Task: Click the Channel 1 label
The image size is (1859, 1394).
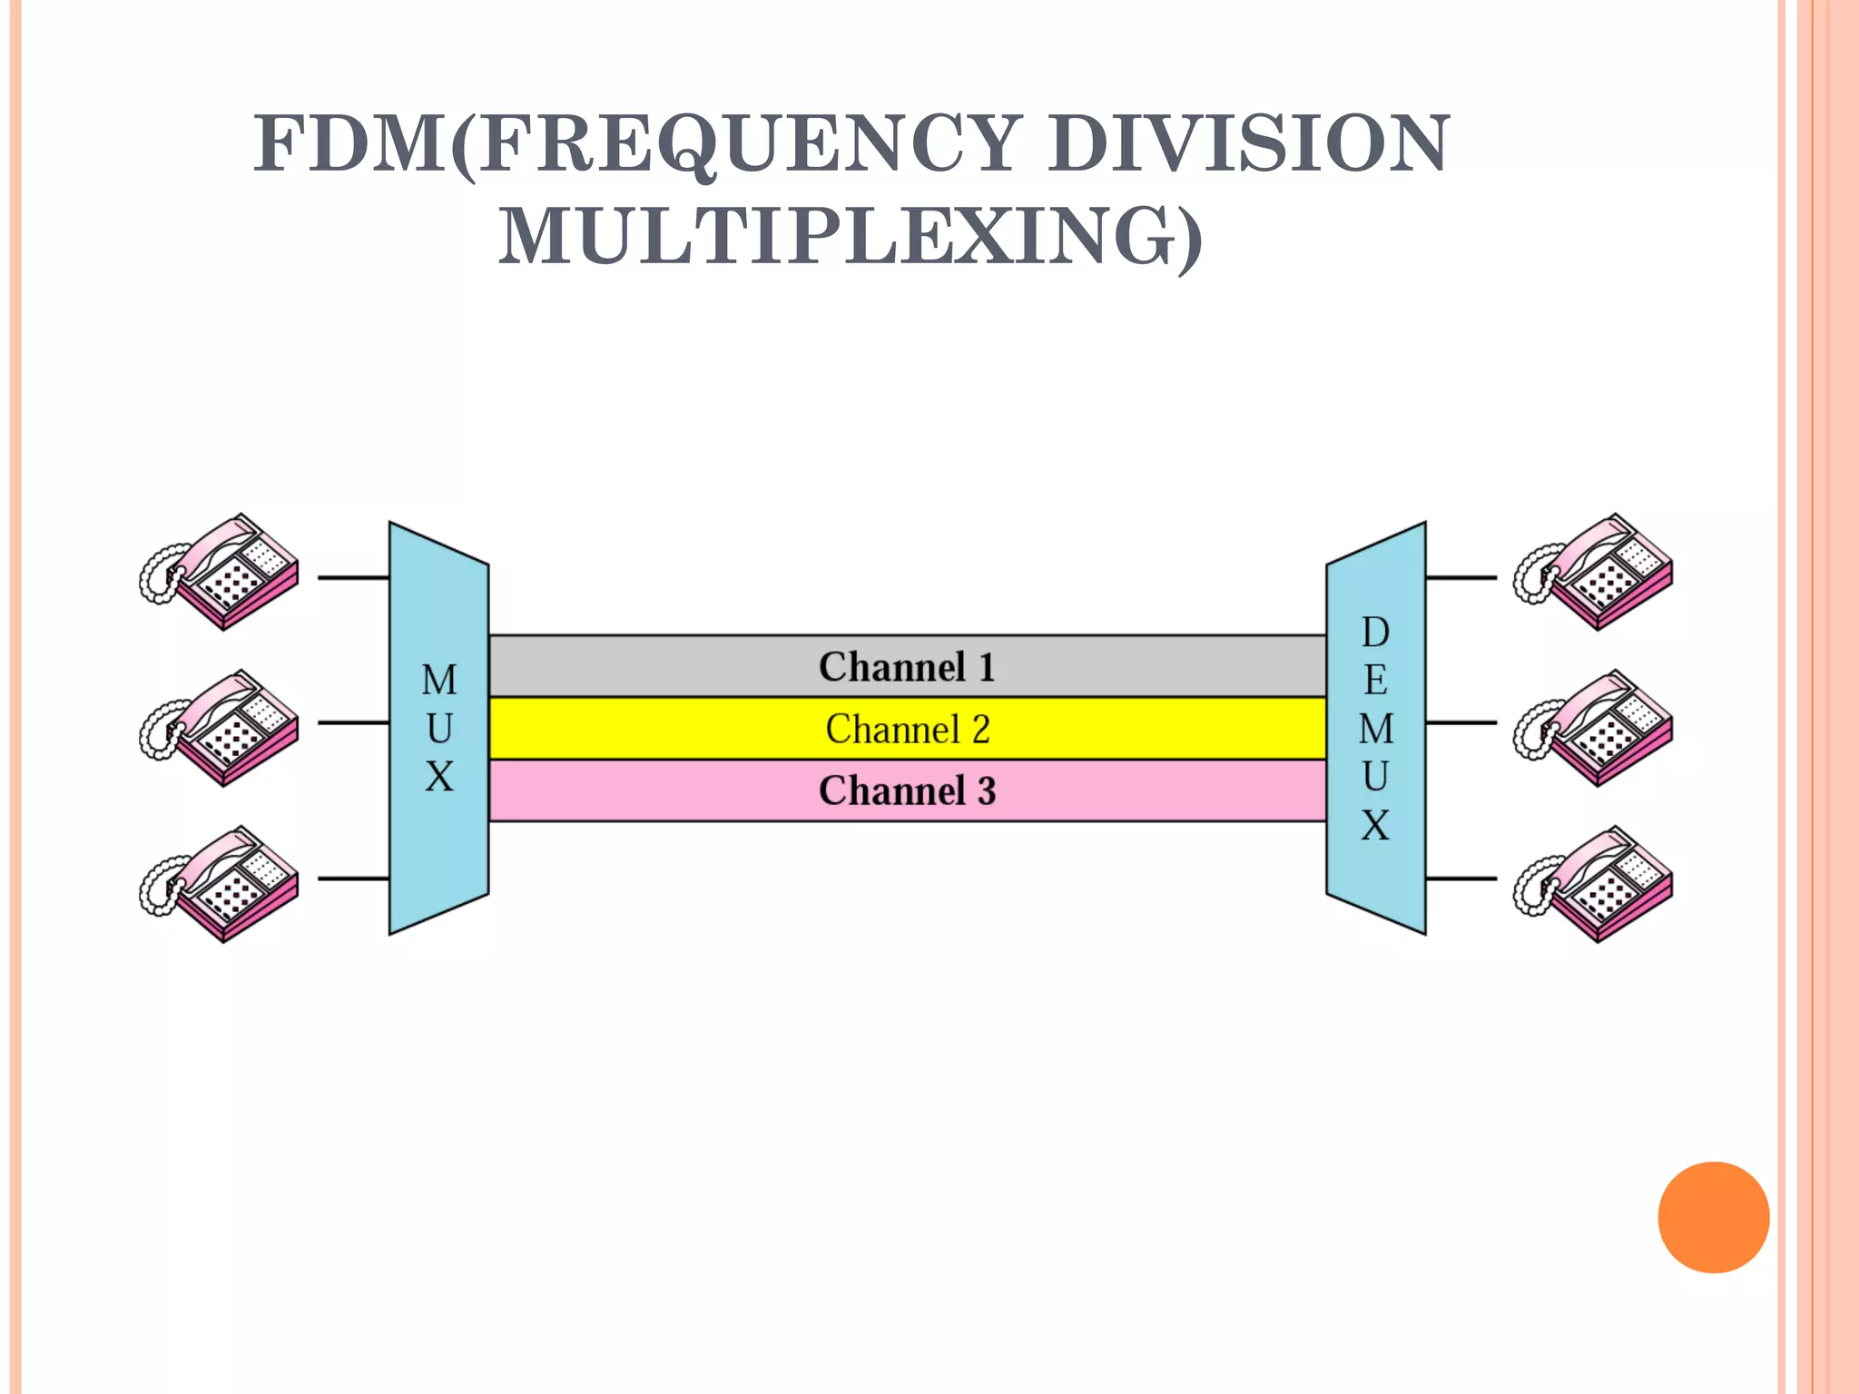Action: tap(907, 667)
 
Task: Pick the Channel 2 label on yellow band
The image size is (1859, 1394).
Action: tap(907, 729)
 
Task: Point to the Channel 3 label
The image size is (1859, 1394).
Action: tap(907, 790)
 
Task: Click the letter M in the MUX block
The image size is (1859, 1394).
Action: tap(439, 680)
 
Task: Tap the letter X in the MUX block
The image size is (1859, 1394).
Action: tap(439, 777)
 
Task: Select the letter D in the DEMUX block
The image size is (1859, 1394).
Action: tap(1375, 633)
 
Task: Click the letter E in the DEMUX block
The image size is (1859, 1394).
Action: tap(1375, 681)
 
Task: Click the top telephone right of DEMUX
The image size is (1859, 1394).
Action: tap(1595, 572)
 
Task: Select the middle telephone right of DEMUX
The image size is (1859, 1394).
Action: tap(1595, 728)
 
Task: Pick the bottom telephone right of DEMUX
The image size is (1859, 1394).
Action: tap(1595, 884)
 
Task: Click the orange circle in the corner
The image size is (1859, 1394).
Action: tap(1713, 1217)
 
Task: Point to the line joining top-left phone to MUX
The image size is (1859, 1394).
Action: tap(353, 577)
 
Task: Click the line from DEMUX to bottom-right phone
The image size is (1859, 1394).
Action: tap(1461, 879)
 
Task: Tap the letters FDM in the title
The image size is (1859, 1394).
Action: tap(349, 145)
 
